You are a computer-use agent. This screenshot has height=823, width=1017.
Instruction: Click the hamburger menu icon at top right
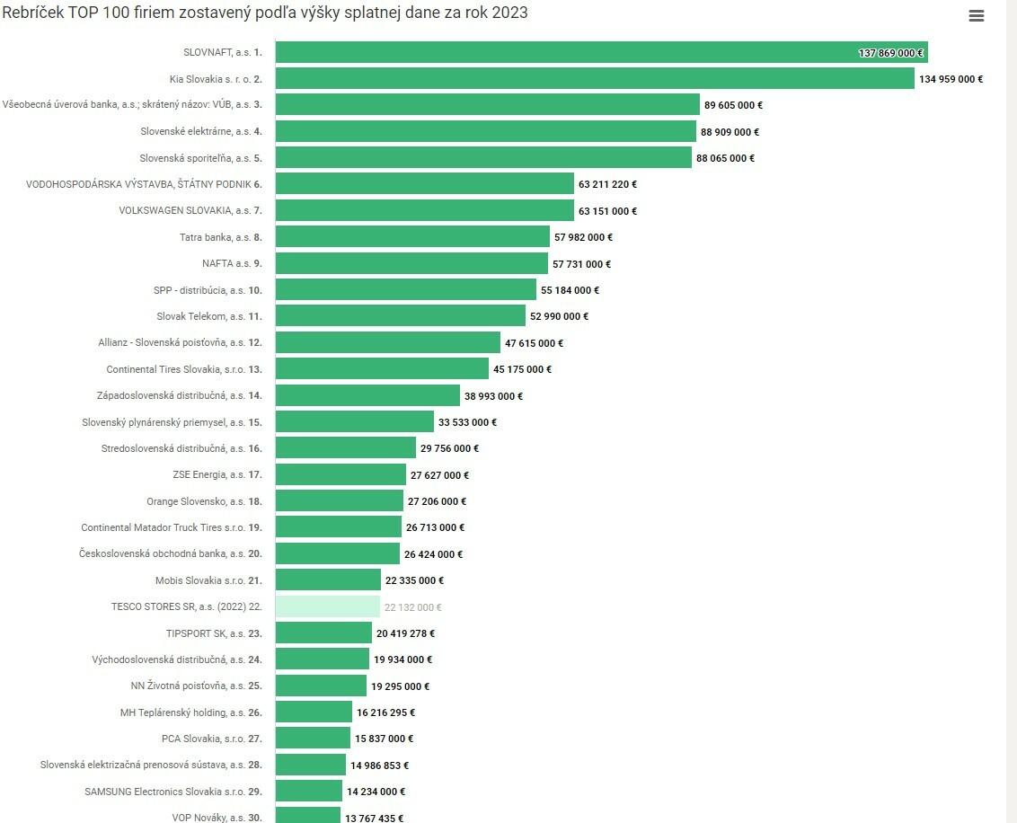click(977, 16)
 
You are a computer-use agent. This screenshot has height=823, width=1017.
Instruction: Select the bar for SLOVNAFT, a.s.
click(600, 52)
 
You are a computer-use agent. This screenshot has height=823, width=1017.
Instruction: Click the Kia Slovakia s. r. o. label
click(216, 79)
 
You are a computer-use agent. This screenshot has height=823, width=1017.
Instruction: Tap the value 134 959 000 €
click(951, 79)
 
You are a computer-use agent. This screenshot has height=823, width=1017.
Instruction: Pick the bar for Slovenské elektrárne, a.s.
click(485, 131)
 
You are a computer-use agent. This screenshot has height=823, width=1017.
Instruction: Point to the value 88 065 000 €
click(725, 158)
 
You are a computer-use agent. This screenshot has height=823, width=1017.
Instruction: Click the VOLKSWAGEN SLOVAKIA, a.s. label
click(190, 210)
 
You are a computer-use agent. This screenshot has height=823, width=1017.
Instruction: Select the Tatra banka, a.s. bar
click(412, 236)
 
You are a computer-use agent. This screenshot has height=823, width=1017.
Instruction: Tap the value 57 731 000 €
click(581, 264)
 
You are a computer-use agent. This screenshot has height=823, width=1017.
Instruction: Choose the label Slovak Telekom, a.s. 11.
click(209, 316)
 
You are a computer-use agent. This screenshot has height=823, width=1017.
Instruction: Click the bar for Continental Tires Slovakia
click(382, 368)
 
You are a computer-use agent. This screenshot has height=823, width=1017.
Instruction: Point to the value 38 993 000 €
click(493, 395)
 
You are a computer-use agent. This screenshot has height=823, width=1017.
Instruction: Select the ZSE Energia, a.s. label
click(217, 474)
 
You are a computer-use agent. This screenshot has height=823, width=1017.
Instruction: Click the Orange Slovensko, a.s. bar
click(339, 500)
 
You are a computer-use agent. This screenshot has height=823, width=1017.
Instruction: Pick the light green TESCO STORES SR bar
click(328, 606)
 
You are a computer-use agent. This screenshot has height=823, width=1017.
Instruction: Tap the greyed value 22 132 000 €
click(412, 607)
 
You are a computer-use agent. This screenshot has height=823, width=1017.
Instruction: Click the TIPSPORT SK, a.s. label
click(214, 633)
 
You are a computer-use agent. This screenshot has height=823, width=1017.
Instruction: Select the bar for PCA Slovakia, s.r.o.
click(313, 738)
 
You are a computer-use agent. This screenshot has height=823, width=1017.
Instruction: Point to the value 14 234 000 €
click(376, 792)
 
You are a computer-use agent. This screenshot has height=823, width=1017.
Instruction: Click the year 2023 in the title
click(509, 13)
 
